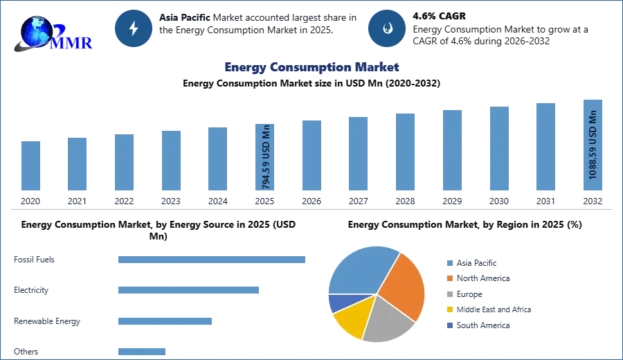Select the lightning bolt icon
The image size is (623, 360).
coord(134,28)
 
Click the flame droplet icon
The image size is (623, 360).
coord(387,28)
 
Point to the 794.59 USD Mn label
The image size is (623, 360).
coord(266,157)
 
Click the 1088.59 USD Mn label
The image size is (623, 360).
coord(593,145)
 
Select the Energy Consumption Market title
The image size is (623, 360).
coord(311,67)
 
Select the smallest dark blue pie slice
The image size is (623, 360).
coord(336,303)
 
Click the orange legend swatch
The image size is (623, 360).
coord(448,278)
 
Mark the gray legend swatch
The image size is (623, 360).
coord(448,294)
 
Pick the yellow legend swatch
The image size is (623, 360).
coord(448,310)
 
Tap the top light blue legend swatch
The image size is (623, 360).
coord(448,262)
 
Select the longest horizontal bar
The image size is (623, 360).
coord(213,260)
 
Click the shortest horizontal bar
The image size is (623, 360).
coord(141,350)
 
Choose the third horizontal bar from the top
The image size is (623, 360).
coord(165,321)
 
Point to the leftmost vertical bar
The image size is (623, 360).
coord(30,166)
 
